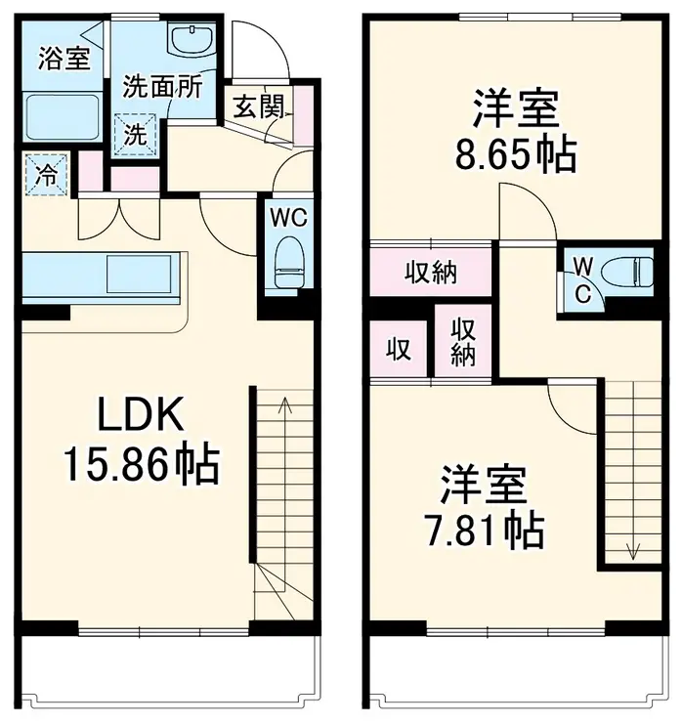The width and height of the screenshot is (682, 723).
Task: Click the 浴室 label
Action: (64, 59)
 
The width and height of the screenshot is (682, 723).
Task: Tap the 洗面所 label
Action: (161, 86)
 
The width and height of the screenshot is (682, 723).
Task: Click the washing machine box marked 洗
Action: (137, 135)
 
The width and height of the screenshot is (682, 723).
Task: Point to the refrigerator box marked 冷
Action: (44, 176)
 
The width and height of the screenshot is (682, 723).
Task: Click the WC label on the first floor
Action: (289, 217)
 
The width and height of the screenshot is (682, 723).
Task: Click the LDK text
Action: (141, 416)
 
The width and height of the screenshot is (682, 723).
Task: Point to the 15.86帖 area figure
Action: (141, 465)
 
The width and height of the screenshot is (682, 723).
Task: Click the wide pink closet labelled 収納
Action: (430, 273)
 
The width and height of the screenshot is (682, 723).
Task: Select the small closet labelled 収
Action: (398, 349)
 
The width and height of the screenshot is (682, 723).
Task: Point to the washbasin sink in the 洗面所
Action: (188, 41)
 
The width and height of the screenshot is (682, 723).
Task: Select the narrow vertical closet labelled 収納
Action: (462, 343)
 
